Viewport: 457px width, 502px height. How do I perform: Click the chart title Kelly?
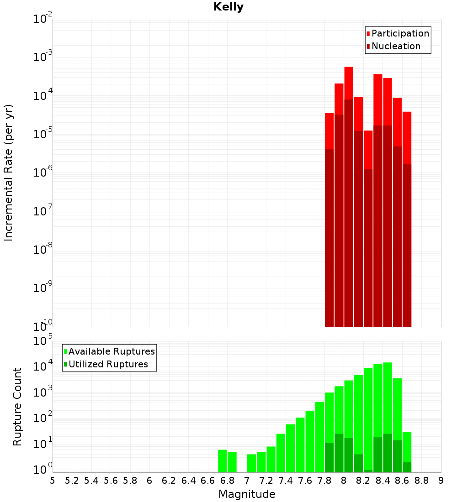coord(228,7)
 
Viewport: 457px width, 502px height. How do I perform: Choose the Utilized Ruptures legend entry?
coord(108,364)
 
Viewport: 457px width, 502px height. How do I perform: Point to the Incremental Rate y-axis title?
coord(9,173)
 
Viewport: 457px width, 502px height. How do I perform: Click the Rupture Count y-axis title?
coord(17,407)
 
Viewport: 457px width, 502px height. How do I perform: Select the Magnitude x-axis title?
coord(247,494)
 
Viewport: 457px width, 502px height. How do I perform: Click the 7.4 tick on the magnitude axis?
coord(286,481)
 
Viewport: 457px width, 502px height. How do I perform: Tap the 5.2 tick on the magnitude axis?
coord(72,481)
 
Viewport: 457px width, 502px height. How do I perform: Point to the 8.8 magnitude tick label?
coord(421,481)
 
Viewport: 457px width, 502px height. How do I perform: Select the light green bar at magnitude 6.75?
coord(223,461)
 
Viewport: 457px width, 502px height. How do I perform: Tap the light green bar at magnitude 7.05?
coord(252,463)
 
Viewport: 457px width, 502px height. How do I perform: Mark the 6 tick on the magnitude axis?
coord(149,481)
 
